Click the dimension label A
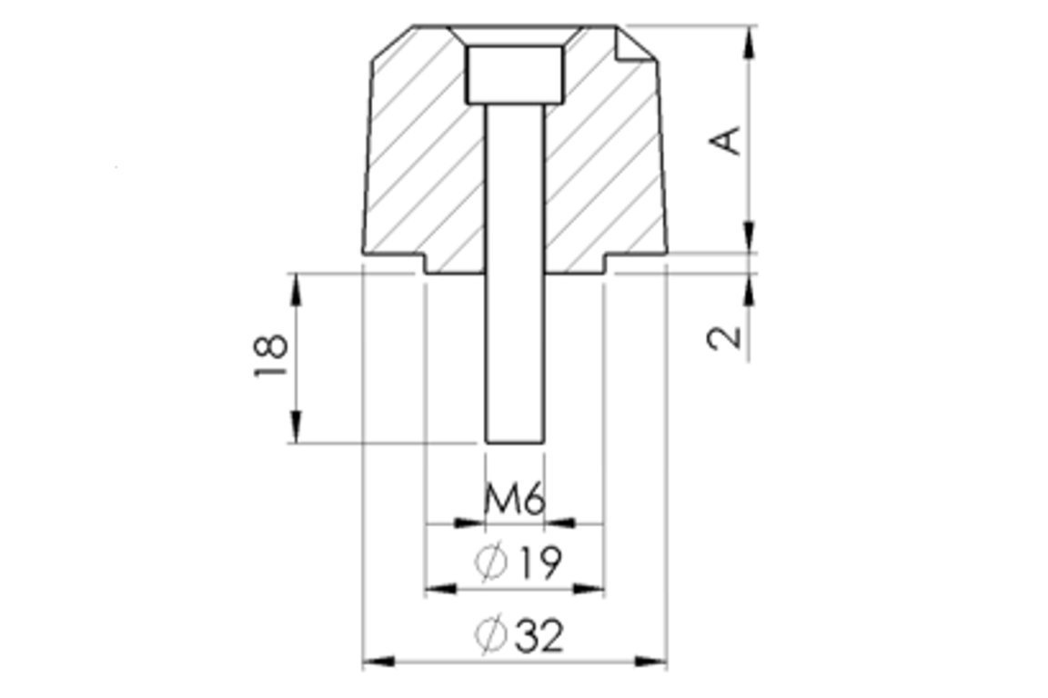726,140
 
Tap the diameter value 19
539,563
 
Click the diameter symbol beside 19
490,563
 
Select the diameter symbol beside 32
490,634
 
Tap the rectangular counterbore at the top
514,75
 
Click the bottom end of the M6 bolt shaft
514,443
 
